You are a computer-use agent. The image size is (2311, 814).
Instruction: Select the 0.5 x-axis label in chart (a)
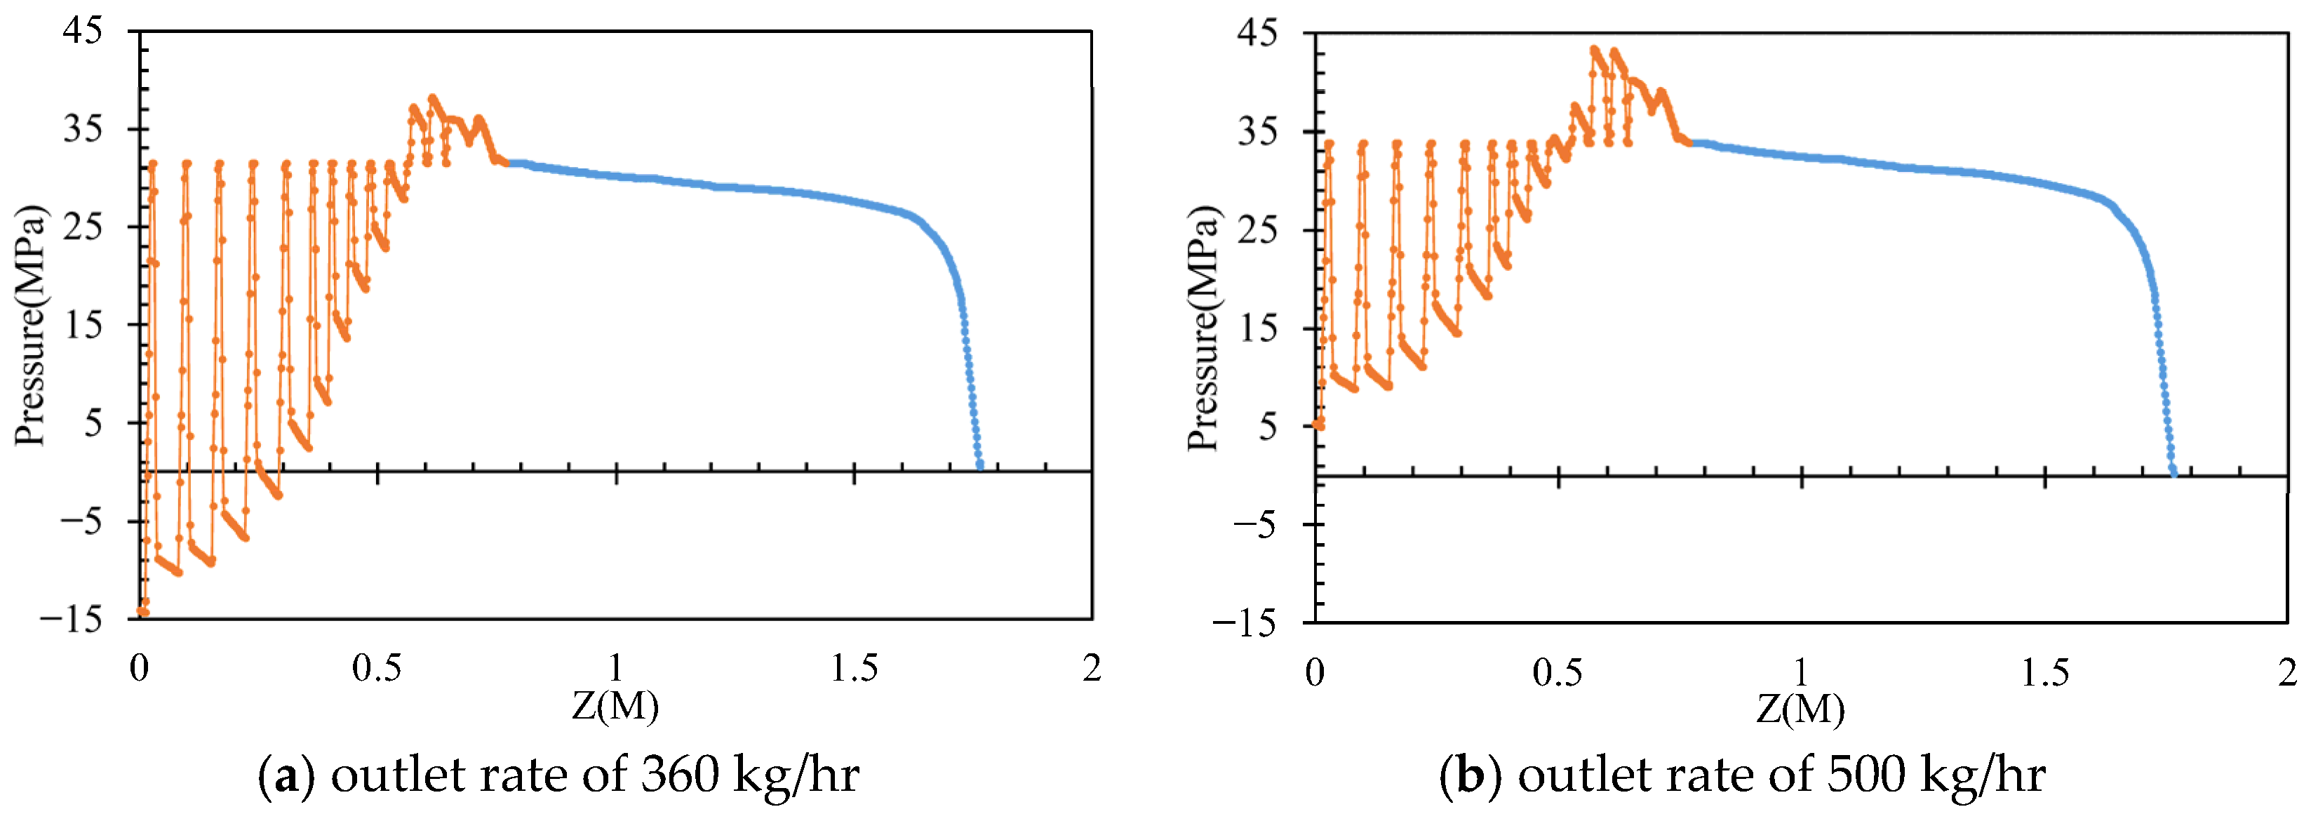376,668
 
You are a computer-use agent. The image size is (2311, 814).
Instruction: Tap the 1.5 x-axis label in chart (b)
2044,672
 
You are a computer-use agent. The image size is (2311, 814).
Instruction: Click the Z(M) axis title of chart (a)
615,707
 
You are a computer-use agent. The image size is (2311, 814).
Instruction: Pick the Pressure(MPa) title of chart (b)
1204,328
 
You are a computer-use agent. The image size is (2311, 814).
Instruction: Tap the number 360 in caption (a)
679,773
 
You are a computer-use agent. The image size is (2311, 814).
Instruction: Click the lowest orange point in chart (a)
142,612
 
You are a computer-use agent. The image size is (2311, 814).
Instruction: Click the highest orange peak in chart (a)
434,98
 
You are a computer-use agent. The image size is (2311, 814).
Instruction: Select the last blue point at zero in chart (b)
2173,470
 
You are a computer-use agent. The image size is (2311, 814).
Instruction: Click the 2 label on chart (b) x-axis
2286,672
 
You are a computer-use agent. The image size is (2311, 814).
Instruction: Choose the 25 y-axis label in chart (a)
83,226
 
